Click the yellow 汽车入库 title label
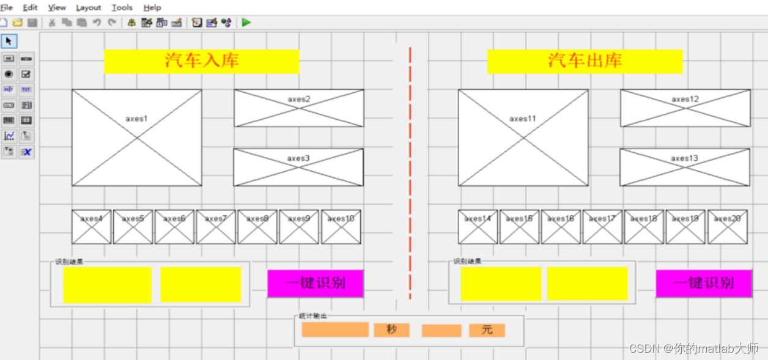201,61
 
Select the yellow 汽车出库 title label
585,61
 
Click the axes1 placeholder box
136,138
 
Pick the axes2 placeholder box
299,108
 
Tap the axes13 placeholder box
684,167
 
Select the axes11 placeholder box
523,138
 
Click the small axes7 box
215,227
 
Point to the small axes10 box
341,227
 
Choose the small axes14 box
478,227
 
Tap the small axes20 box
727,227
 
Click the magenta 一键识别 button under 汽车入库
315,284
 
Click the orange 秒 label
391,330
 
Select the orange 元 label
487,330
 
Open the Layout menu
89,7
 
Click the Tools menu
122,7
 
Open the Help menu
152,7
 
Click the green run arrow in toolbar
246,23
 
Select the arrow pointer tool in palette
9,41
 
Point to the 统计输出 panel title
312,316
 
